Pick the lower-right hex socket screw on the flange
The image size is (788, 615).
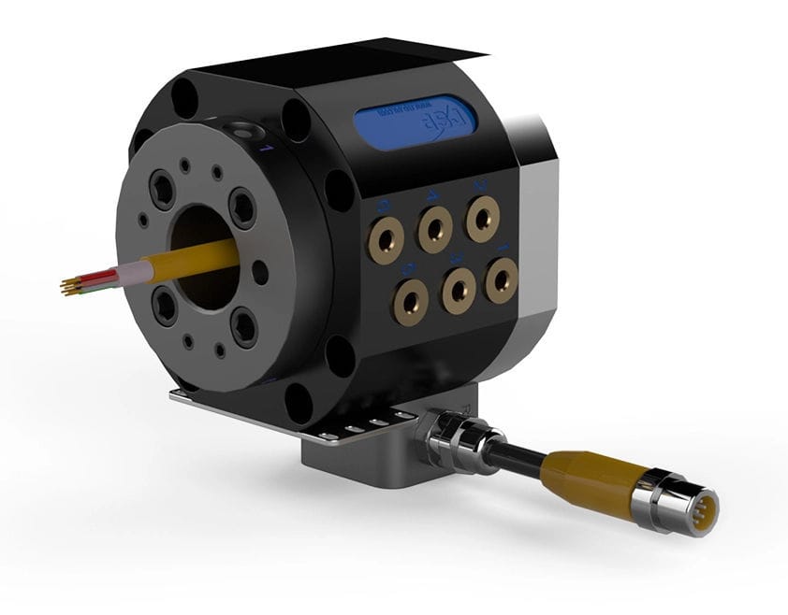point(244,326)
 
